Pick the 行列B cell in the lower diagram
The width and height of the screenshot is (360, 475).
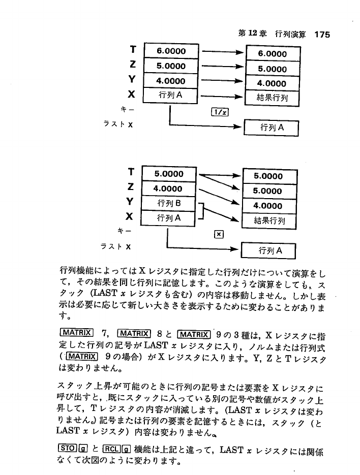(x=168, y=204)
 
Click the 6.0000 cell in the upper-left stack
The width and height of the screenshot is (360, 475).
(x=171, y=51)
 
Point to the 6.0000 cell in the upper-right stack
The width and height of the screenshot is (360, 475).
(x=273, y=53)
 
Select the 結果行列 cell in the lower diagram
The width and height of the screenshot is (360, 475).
(x=269, y=220)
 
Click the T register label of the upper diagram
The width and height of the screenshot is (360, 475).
(x=133, y=50)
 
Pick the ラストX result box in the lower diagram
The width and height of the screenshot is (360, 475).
(x=269, y=250)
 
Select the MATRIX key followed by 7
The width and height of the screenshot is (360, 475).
(x=77, y=333)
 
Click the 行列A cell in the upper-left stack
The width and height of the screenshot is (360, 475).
(x=171, y=94)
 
